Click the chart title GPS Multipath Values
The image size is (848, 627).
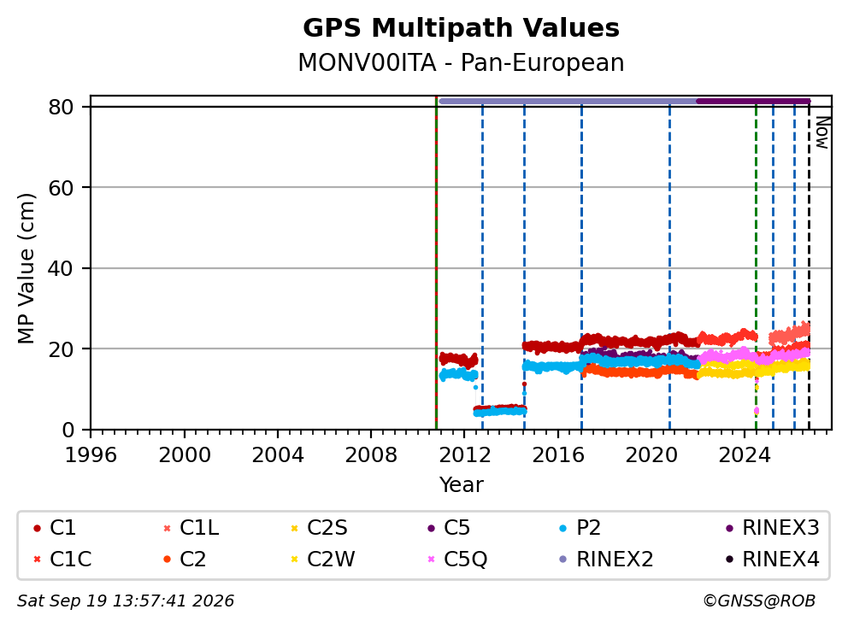[461, 28]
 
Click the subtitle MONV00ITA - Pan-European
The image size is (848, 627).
[461, 62]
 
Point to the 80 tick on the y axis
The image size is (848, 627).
[61, 107]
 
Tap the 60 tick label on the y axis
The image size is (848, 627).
[61, 188]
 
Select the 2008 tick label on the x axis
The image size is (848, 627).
[371, 455]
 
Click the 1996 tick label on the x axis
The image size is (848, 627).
[91, 455]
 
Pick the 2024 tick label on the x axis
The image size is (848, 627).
[745, 455]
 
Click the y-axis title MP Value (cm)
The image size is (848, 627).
[26, 268]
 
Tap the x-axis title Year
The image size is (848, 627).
[461, 485]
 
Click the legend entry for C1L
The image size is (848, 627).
[191, 528]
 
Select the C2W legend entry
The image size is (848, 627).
[322, 559]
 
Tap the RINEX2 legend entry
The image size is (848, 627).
[606, 559]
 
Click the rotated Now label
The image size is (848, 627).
[822, 133]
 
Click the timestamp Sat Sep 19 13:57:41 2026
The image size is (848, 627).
[126, 601]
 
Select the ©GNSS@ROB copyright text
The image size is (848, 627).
[759, 601]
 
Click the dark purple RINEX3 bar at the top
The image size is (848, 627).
[753, 101]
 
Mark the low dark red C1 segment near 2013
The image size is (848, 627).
[500, 408]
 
